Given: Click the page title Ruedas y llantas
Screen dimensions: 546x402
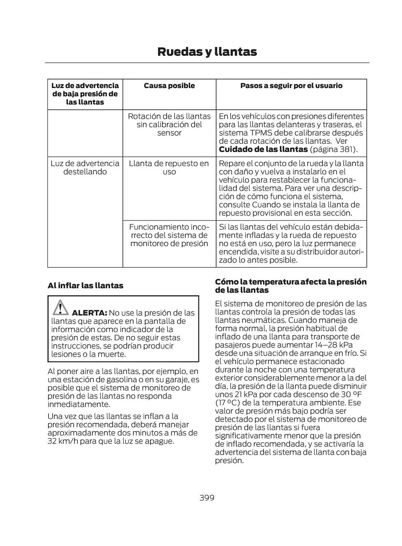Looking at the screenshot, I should pyautogui.click(x=207, y=52).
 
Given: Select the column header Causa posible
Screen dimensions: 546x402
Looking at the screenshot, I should pyautogui.click(x=169, y=86).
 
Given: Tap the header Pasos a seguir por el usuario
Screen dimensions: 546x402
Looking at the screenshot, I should pyautogui.click(x=291, y=86).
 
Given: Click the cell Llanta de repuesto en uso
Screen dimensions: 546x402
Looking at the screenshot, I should pyautogui.click(x=169, y=168).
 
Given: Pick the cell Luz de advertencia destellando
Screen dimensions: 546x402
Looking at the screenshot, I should pyautogui.click(x=85, y=168).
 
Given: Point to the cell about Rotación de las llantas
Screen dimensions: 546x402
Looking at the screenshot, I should pyautogui.click(x=169, y=124).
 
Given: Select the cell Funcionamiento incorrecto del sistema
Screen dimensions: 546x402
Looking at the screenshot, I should pyautogui.click(x=169, y=235).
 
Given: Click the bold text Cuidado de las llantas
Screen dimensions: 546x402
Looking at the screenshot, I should pyautogui.click(x=263, y=150).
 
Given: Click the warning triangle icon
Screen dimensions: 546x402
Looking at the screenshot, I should pyautogui.click(x=60, y=308).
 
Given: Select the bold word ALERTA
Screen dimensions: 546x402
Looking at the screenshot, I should pyautogui.click(x=89, y=313).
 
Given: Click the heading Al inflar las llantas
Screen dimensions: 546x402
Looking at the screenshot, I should pyautogui.click(x=85, y=286).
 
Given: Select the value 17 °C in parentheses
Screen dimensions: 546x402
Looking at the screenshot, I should pyautogui.click(x=227, y=403).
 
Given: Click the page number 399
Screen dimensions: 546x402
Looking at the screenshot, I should pyautogui.click(x=207, y=497).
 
